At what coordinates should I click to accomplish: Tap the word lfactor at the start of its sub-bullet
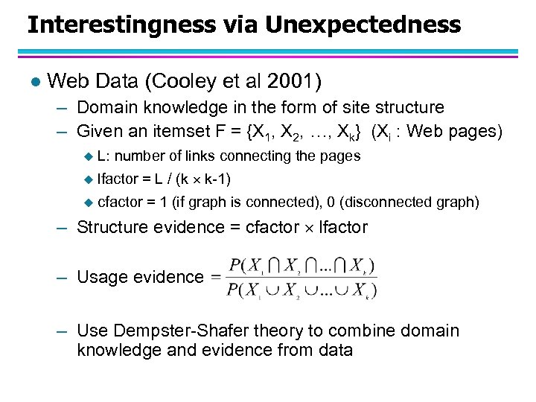pos(118,178)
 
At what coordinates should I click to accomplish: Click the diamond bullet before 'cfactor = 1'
pos(89,201)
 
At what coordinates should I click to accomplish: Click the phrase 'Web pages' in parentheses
pos(456,131)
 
